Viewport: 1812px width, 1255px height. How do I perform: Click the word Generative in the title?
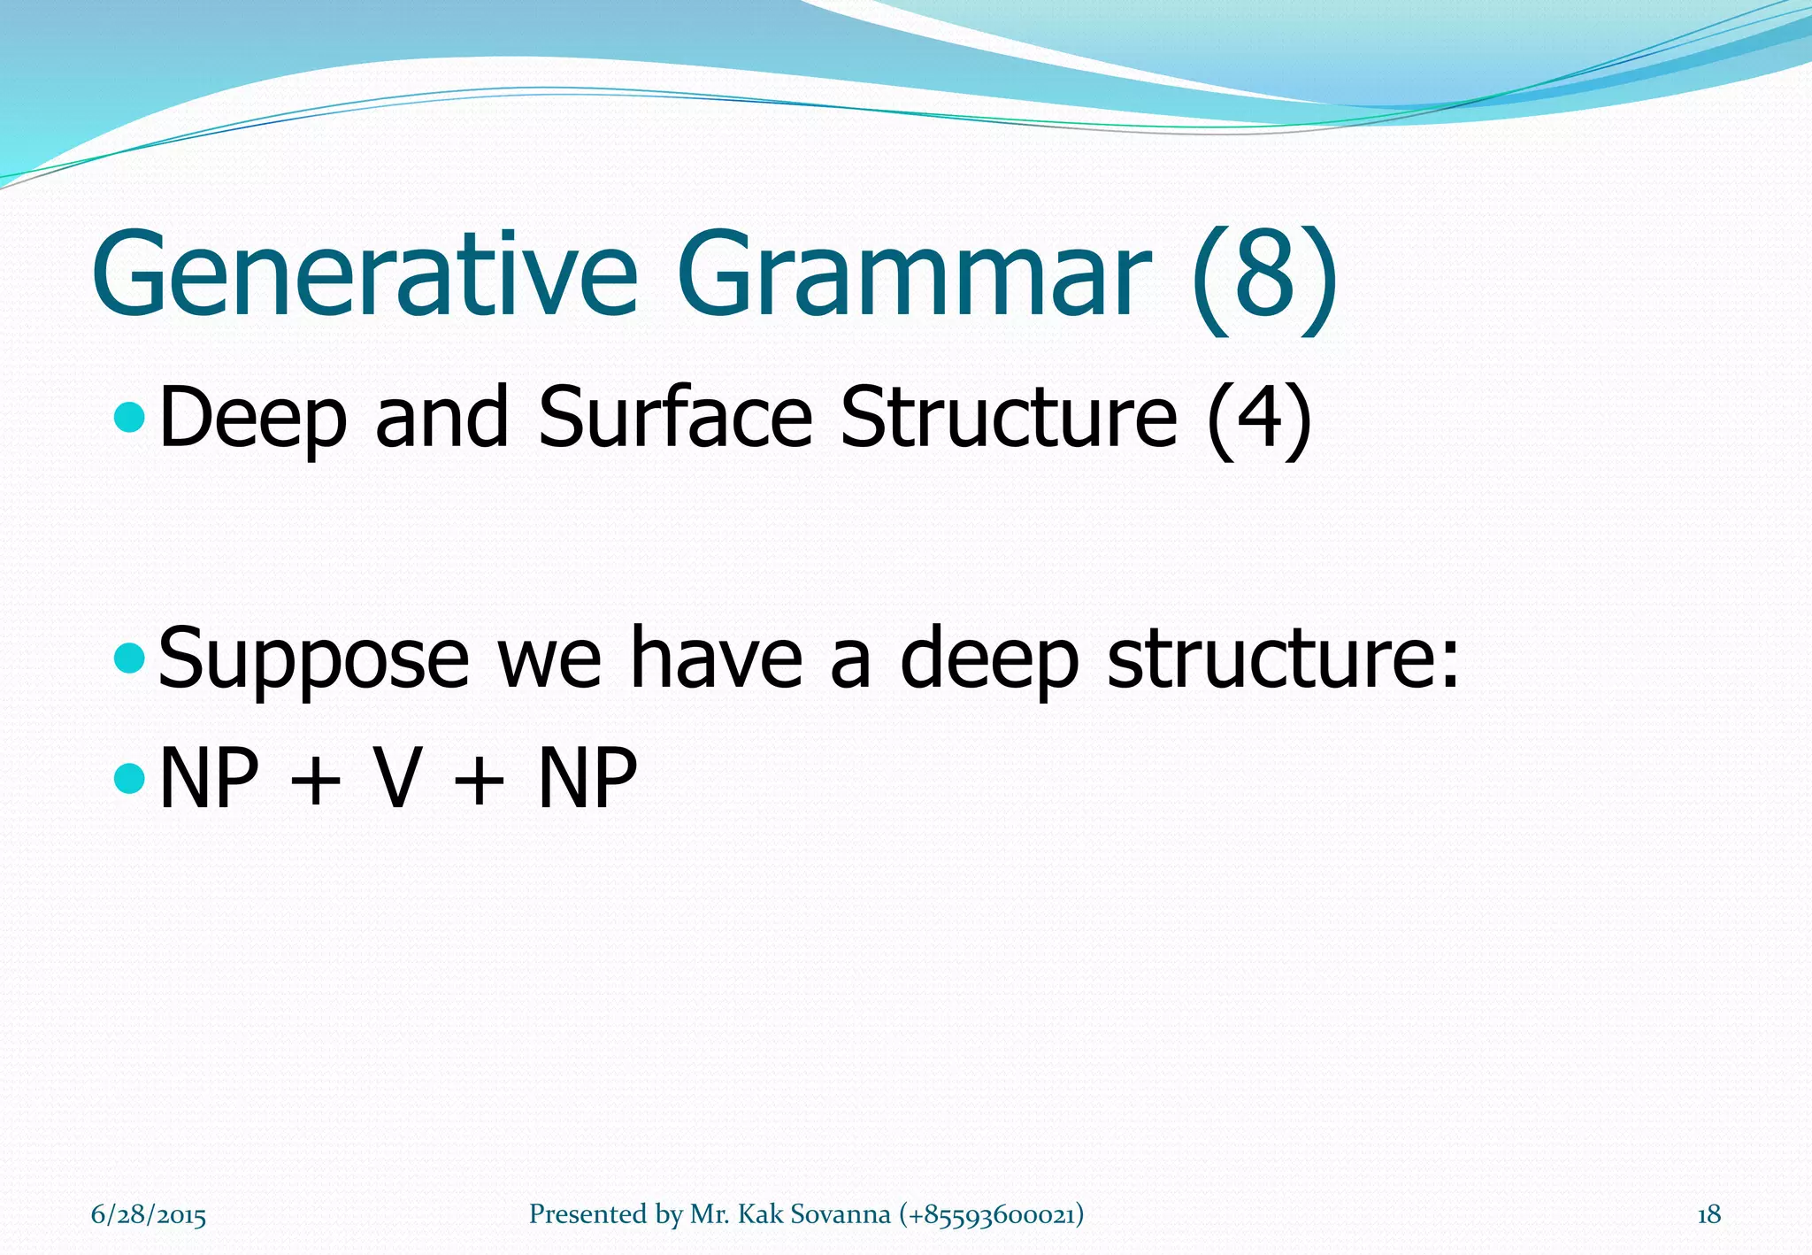point(365,274)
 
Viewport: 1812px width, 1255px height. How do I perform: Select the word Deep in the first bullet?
point(252,418)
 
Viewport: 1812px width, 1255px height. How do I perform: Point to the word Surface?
point(674,418)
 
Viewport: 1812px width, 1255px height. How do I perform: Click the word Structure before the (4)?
point(1009,418)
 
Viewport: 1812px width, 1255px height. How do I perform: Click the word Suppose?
point(313,659)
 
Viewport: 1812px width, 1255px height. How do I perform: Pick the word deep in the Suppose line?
point(989,659)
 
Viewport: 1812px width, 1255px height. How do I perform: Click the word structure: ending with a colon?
point(1283,659)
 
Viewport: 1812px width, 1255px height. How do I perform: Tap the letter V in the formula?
point(395,779)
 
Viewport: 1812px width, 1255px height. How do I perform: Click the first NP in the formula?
point(210,779)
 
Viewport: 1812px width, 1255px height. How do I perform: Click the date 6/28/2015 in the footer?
point(149,1214)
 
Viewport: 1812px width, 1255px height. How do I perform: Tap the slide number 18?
point(1708,1214)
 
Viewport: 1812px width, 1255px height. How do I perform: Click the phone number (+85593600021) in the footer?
point(991,1214)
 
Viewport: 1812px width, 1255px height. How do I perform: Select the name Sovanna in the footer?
point(840,1214)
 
